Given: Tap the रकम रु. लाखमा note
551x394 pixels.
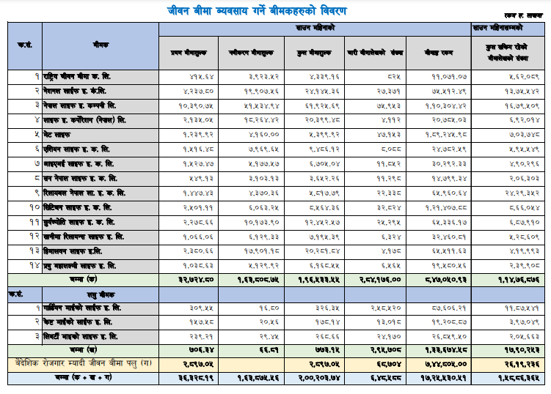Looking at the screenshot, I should click(x=519, y=15).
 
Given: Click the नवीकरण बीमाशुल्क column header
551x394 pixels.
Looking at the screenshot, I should click(x=253, y=53).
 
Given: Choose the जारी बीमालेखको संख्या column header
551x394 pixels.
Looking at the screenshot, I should click(x=376, y=53).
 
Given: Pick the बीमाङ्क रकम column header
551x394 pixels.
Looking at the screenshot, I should click(x=439, y=53).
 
